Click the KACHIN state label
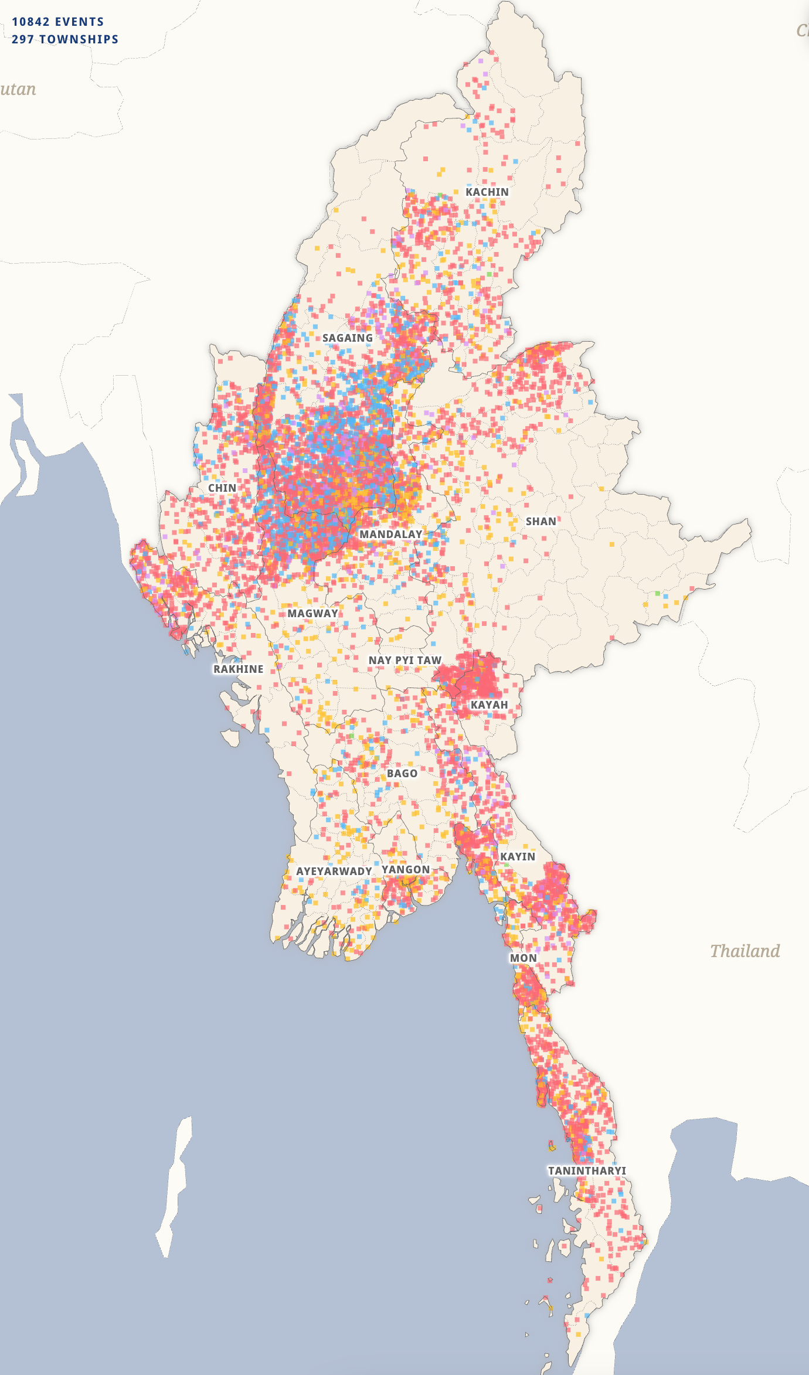click(487, 192)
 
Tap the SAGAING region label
click(347, 338)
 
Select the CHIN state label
click(222, 488)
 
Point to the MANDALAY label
click(390, 535)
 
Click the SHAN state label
click(541, 522)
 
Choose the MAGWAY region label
click(312, 614)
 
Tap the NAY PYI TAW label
click(404, 661)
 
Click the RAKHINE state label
click(238, 669)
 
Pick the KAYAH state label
click(489, 705)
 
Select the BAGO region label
click(402, 774)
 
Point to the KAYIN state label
click(517, 857)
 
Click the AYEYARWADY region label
click(334, 872)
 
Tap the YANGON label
click(406, 870)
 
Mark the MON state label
click(523, 958)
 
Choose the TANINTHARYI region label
click(587, 1171)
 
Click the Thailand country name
click(745, 951)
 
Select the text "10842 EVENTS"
click(57, 22)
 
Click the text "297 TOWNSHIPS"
click(64, 40)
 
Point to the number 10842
click(30, 22)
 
